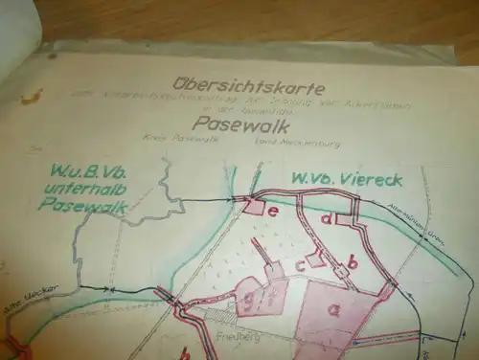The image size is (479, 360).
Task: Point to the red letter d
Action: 327,218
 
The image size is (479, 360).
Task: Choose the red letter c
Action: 300,263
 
